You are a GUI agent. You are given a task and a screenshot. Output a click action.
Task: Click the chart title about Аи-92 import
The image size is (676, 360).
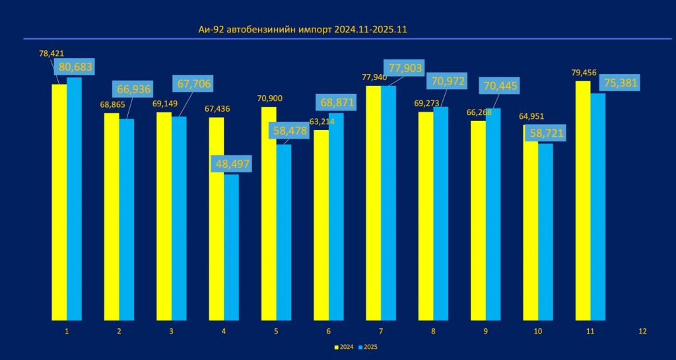pyautogui.click(x=306, y=30)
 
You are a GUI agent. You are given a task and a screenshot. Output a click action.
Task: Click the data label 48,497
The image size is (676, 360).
pyautogui.click(x=231, y=163)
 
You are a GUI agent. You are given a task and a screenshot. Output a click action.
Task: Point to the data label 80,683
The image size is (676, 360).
pyautogui.click(x=77, y=66)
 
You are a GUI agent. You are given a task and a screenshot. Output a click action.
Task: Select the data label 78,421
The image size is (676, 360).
pyautogui.click(x=52, y=53)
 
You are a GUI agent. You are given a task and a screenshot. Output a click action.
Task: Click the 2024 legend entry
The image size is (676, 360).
pyautogui.click(x=345, y=347)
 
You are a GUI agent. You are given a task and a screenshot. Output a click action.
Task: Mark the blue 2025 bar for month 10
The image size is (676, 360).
pyautogui.click(x=545, y=232)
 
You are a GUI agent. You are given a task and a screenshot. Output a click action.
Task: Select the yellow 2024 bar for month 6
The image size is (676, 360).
pyautogui.click(x=321, y=225)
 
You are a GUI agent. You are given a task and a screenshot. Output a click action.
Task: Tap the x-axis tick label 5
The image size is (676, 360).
pyautogui.click(x=276, y=331)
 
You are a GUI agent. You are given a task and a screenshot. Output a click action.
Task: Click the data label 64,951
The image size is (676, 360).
pyautogui.click(x=532, y=117)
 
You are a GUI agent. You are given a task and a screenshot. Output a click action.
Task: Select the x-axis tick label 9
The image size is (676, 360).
pyautogui.click(x=485, y=331)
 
